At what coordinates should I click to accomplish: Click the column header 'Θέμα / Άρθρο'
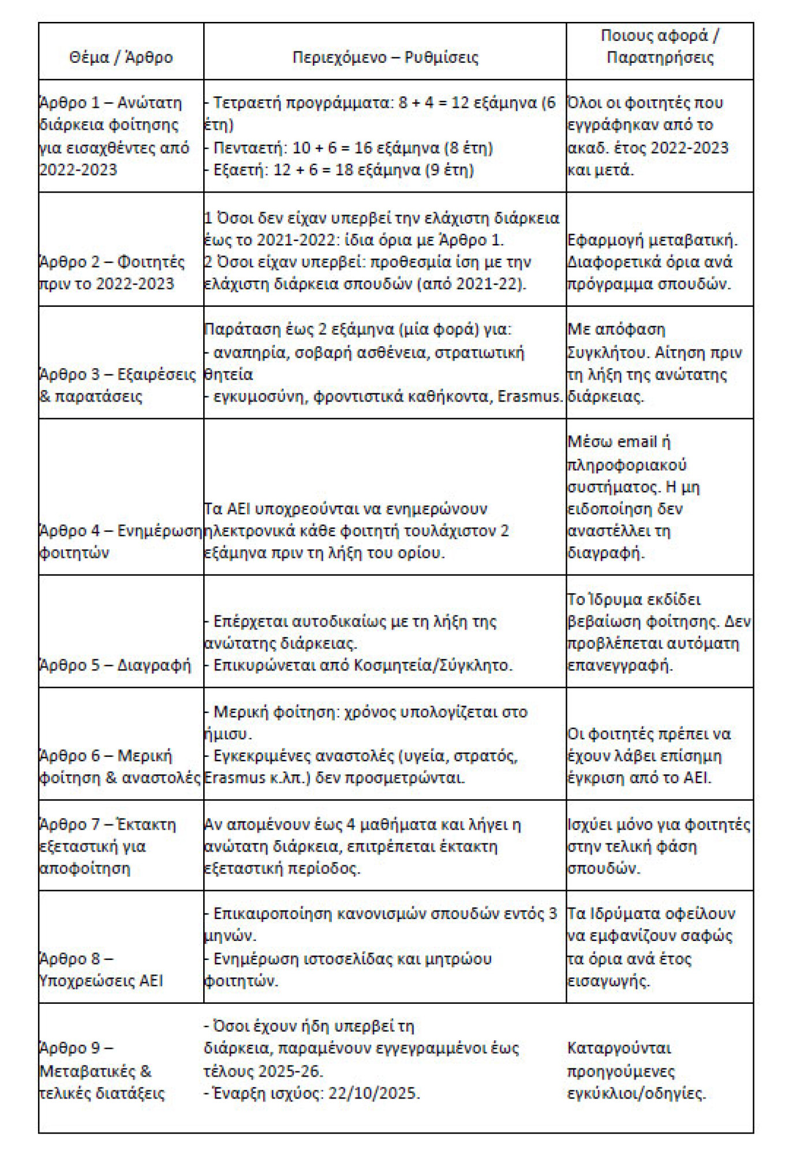pyautogui.click(x=121, y=58)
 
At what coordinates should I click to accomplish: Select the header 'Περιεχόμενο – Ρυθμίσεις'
pyautogui.click(x=385, y=58)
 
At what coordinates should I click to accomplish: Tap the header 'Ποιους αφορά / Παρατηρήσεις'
pyautogui.click(x=660, y=47)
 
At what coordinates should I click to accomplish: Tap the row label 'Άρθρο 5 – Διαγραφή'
pyautogui.click(x=115, y=665)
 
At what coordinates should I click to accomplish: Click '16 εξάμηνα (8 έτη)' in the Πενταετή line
pyautogui.click(x=424, y=148)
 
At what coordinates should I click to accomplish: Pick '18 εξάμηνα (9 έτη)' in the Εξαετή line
pyautogui.click(x=405, y=170)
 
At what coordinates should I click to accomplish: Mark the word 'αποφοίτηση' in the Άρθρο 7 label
pyautogui.click(x=85, y=868)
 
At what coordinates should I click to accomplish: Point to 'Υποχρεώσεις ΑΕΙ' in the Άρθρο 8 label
pyautogui.click(x=101, y=980)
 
